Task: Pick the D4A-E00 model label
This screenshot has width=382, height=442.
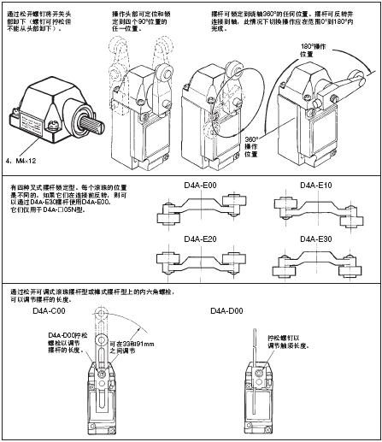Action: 202,186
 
